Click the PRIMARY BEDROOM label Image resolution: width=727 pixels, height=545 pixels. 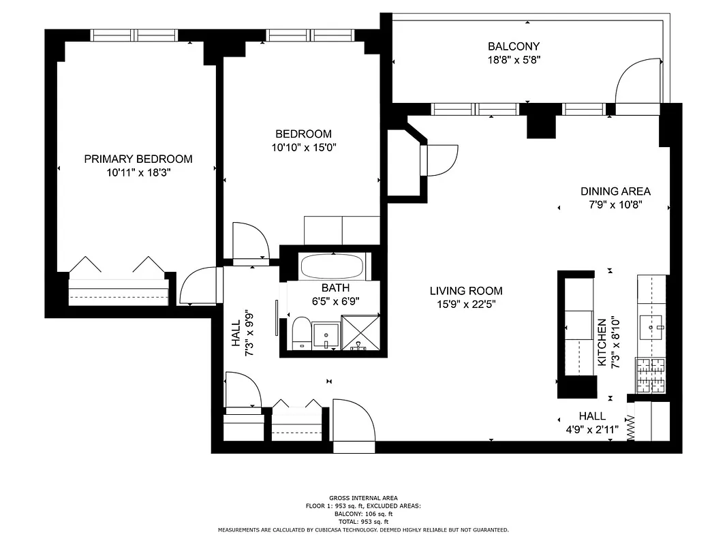pos(138,159)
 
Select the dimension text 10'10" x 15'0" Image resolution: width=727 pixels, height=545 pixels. pos(303,147)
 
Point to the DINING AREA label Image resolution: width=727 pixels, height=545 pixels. pos(615,191)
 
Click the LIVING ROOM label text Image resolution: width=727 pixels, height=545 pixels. pos(466,291)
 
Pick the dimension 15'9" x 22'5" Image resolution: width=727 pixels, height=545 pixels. pos(466,305)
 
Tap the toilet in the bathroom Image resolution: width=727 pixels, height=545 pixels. pos(299,333)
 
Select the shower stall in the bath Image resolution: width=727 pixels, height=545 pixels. pos(360,332)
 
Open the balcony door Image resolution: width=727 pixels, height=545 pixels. pos(638,84)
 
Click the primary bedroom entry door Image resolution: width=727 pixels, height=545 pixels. pos(200,286)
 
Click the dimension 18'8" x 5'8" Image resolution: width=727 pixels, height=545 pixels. pos(514,60)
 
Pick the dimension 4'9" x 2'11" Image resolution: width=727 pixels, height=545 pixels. pos(591,429)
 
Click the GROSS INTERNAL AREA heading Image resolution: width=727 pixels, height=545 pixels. pos(363,498)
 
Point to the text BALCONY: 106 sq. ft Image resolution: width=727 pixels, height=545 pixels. pos(363,514)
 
